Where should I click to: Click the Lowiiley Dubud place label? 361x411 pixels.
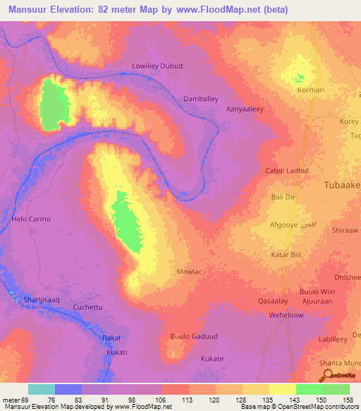point(157,66)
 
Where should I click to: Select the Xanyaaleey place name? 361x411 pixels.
point(245,109)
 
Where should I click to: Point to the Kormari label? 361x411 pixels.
point(311,90)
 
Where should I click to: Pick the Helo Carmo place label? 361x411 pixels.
point(31,219)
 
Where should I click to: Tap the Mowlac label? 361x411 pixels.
point(189,271)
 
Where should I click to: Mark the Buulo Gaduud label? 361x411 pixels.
point(192,336)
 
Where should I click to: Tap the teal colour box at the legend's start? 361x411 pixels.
point(41,389)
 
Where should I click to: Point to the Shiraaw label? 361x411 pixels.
point(345,230)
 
